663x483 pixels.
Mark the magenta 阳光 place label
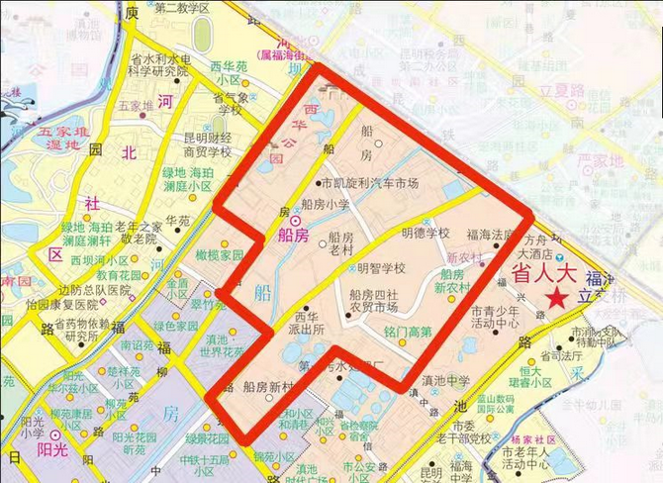coord(40,444)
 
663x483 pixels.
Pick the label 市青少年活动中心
coord(495,315)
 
